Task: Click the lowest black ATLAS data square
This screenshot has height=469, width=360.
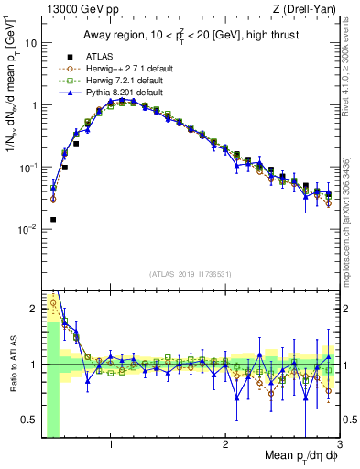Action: pos(53,220)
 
